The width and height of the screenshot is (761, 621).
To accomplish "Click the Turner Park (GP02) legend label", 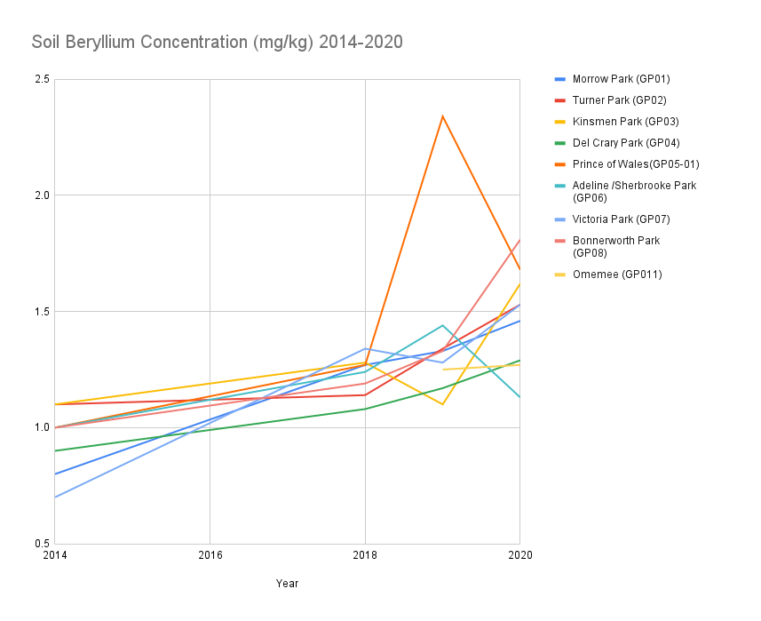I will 619,100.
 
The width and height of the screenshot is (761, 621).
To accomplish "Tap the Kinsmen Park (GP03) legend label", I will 625,122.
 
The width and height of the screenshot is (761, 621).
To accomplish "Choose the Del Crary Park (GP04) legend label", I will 626,143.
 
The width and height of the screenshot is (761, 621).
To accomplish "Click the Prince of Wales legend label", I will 635,164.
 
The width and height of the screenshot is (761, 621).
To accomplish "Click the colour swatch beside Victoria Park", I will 560,219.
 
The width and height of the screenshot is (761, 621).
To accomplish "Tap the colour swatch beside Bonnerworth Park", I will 560,241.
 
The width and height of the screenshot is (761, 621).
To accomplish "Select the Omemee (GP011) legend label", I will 616,275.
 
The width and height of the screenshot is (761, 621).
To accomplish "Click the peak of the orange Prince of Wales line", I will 442,115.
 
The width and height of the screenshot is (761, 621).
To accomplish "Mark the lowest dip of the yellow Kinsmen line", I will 442,404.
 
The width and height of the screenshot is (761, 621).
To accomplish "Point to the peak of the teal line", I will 442,325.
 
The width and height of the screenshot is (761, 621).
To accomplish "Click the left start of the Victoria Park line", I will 55,498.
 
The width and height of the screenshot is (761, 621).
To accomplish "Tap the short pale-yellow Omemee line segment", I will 480,367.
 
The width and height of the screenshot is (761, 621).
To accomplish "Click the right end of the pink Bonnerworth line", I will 519,241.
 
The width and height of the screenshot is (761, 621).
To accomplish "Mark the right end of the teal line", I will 519,396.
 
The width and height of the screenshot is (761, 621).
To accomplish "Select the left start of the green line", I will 55,450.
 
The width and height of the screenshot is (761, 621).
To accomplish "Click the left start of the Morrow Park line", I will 55,474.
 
